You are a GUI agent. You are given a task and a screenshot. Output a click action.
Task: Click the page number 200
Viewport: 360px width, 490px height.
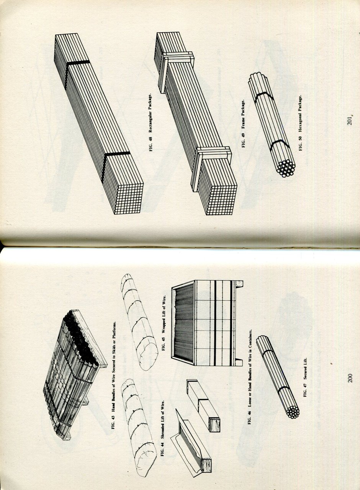pos(350,378)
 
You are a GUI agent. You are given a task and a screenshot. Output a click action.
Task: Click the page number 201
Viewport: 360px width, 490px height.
pos(350,120)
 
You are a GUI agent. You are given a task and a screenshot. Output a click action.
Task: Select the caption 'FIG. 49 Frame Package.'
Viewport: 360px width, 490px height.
pos(243,124)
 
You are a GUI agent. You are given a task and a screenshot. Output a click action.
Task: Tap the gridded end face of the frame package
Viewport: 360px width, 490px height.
pos(222,201)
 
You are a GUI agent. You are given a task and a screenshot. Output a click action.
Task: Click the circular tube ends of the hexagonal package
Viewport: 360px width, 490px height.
pos(286,168)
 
